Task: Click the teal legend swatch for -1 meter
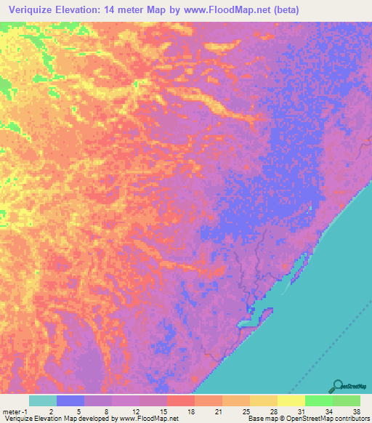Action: [43, 400]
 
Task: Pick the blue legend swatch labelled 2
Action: [70, 400]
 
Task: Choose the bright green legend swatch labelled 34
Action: [318, 400]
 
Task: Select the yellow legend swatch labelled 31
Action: [291, 400]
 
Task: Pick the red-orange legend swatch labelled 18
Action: [181, 400]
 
